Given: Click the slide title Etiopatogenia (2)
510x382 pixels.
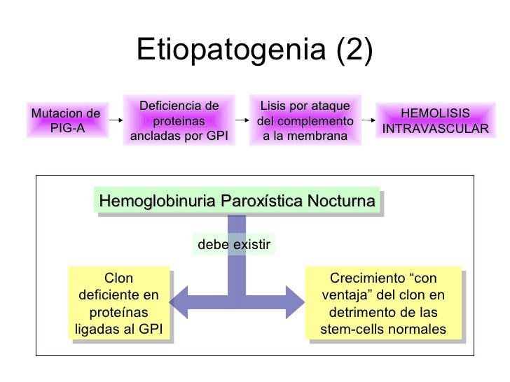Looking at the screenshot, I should click(x=254, y=50).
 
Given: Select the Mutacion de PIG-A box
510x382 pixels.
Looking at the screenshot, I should click(x=64, y=121).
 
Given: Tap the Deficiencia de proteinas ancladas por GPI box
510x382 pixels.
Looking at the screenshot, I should click(x=179, y=121).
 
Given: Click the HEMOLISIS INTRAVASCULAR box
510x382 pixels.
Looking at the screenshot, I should click(x=435, y=122).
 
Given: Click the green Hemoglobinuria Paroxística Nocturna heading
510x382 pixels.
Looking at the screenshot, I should click(x=237, y=201).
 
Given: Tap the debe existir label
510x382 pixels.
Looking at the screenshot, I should click(x=233, y=245).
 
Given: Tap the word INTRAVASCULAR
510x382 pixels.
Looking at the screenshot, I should click(x=435, y=129).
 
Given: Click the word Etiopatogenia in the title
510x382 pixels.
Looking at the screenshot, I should click(x=214, y=50).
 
